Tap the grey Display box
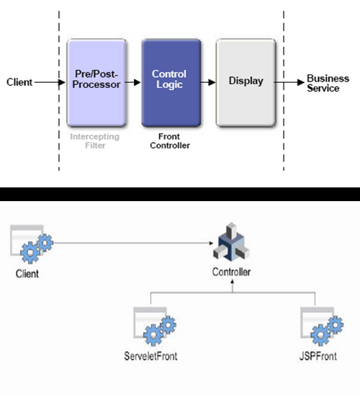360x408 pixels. [x=246, y=81]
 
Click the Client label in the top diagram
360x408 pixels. [x=19, y=81]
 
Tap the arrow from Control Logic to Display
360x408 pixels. [x=207, y=81]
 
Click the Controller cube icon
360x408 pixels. [x=230, y=246]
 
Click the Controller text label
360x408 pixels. [x=231, y=273]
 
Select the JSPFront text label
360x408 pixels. [x=318, y=357]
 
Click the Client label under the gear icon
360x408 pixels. [x=27, y=275]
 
